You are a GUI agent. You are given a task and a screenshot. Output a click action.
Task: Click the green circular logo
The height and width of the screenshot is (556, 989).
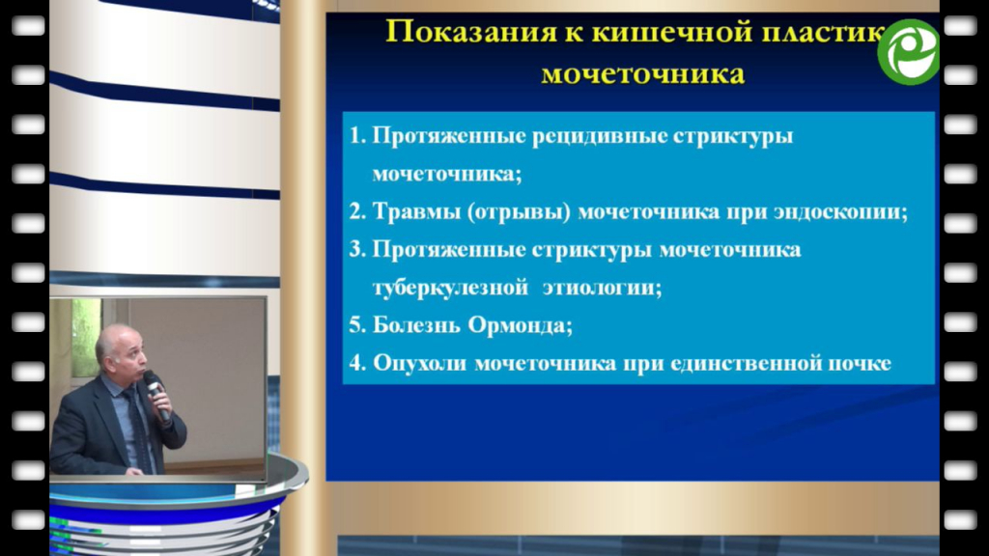(x=908, y=52)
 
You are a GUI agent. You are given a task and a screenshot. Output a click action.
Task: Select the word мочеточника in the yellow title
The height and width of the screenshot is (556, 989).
(x=642, y=74)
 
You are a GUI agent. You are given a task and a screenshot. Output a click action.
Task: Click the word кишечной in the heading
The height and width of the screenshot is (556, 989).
(x=672, y=32)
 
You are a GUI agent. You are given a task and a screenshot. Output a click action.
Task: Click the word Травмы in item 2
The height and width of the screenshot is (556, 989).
(x=417, y=211)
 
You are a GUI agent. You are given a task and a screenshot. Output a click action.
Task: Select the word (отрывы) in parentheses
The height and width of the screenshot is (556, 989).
(x=519, y=211)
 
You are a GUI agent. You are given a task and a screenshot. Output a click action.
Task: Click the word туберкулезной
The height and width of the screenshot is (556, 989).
(x=450, y=288)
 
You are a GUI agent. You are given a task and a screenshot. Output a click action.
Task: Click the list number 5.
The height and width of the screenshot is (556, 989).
(x=357, y=325)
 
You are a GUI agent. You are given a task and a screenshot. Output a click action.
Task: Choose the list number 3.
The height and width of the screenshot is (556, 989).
(x=357, y=250)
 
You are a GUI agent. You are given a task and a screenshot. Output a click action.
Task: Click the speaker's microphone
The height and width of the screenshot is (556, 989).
(x=156, y=395)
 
